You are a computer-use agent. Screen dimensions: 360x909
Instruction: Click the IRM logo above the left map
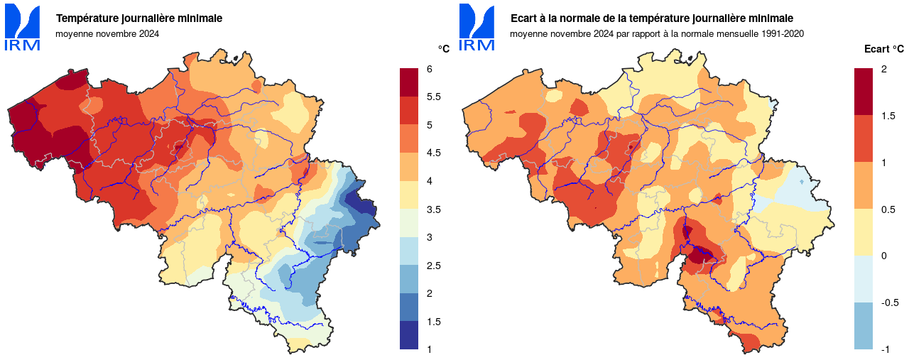23,27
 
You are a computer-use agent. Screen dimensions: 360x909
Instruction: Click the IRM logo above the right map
477,27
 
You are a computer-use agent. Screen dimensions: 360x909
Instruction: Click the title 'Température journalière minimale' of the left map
139,18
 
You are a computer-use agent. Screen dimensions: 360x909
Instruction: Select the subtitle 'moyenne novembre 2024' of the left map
107,33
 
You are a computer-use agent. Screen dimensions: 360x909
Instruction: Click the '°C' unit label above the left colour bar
443,49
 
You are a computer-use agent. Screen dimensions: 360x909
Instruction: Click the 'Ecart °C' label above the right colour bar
884,49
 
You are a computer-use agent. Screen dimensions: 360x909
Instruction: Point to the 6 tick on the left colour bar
430,69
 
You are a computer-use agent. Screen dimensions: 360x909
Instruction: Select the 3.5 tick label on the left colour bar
434,209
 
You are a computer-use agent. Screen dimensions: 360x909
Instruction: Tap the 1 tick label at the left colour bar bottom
430,349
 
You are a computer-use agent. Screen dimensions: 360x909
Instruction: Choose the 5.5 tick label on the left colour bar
434,97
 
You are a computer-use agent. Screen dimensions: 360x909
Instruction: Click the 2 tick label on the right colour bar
883,69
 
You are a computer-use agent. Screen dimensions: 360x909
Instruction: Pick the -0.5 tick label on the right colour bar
890,302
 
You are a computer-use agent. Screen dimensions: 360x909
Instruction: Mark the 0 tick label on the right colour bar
883,256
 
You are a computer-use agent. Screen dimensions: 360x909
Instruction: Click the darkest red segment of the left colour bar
409,82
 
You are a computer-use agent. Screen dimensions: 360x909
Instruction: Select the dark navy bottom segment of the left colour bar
409,335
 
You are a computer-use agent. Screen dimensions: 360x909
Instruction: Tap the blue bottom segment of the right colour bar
863,326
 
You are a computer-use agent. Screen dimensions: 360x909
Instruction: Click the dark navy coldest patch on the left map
366,208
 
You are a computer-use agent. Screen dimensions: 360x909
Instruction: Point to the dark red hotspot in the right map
702,254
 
